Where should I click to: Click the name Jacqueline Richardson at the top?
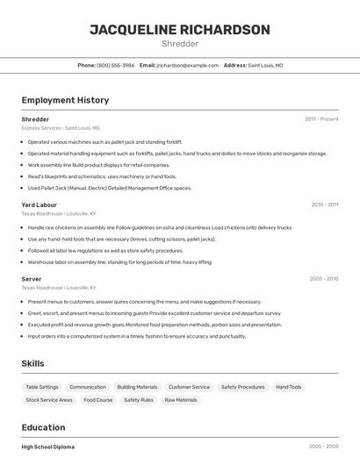point(180,30)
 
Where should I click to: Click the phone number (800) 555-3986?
point(115,65)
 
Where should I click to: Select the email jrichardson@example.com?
point(187,65)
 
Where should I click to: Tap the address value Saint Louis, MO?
point(265,65)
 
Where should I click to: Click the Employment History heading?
point(65,100)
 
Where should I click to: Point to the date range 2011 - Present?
point(321,118)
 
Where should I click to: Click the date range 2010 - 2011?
point(324,204)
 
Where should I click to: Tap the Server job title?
point(32,279)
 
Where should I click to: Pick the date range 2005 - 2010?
point(324,279)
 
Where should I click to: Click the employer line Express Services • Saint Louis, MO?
point(61,127)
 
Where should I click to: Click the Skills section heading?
point(33,363)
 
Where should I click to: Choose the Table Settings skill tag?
point(42,387)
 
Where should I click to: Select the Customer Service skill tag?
point(189,387)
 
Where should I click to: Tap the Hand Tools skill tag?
point(288,387)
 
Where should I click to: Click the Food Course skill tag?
point(98,400)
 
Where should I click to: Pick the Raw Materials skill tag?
point(181,400)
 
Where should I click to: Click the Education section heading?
point(44,428)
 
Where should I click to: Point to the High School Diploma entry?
point(48,447)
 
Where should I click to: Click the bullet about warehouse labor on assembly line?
point(119,261)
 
